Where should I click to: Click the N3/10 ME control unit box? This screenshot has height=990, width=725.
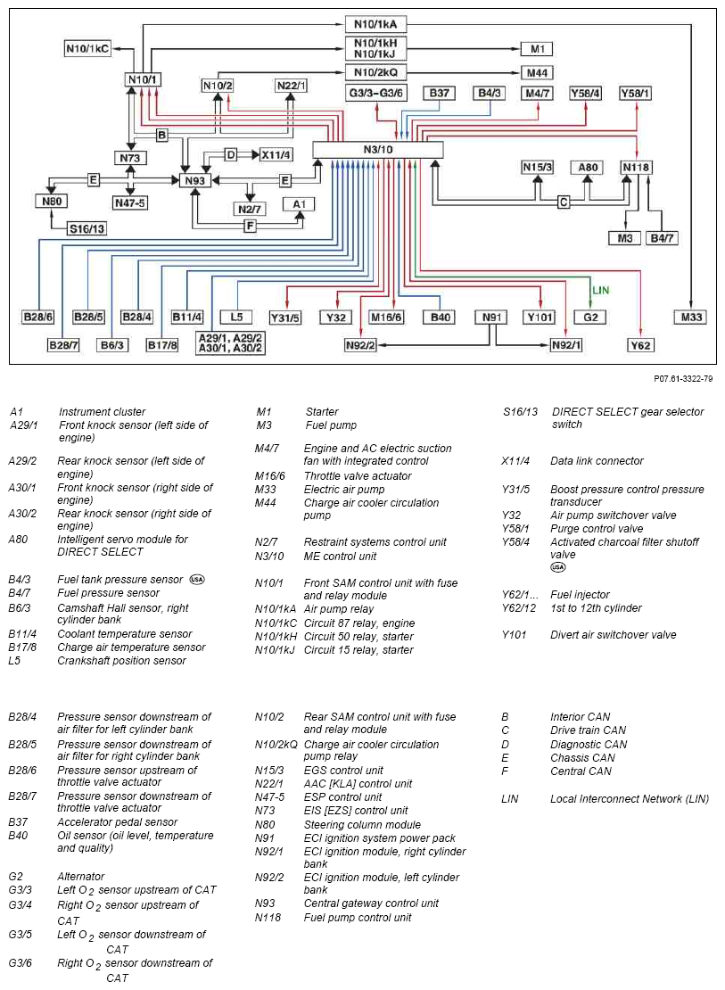pos(378,150)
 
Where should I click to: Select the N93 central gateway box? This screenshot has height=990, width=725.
pos(195,180)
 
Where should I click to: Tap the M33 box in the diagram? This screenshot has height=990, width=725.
pos(691,317)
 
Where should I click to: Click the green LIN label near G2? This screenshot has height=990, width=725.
pos(600,291)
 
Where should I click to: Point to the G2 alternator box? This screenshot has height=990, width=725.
pos(590,317)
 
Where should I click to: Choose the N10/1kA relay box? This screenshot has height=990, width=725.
pos(375,25)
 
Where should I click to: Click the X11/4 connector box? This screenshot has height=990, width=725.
pos(276,154)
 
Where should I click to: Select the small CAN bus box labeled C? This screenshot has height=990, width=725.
pos(564,202)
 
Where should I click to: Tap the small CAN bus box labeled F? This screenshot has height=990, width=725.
pos(250,225)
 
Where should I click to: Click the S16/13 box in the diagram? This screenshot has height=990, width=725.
pos(87,228)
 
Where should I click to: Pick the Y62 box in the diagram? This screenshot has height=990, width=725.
pos(640,345)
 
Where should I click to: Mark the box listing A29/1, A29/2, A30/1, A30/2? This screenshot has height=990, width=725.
pos(230,343)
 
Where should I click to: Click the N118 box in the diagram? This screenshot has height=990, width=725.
pos(636,168)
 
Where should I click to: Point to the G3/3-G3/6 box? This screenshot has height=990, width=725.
pos(375,94)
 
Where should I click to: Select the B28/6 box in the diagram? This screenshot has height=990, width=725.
pos(37,317)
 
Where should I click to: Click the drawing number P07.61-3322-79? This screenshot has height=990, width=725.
pos(683,379)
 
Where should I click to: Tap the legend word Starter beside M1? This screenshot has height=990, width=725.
pos(321,412)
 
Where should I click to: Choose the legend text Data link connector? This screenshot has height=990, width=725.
pos(597,461)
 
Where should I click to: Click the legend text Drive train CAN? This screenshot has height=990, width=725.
pos(588,730)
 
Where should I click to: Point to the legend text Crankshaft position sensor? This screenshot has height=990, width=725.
pos(121,661)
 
